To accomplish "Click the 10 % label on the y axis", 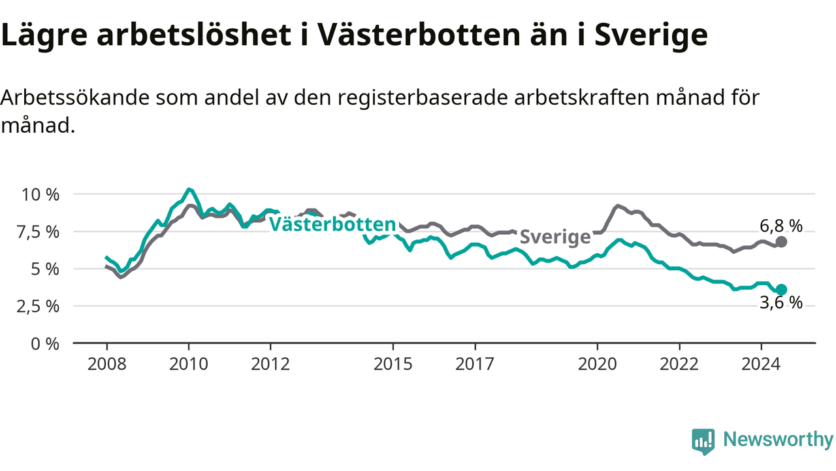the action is (40, 195).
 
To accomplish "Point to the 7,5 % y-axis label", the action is (38, 232).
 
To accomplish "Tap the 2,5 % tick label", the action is (38, 307).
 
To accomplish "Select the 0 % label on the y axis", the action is (45, 344).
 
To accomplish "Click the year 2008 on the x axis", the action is (106, 364).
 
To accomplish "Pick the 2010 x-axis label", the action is (189, 364).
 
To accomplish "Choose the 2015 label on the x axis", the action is (393, 364).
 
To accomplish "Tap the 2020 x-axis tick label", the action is (598, 364).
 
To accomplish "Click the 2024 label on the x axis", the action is (761, 364).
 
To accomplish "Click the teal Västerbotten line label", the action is (332, 224).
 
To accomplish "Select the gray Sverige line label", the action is (555, 237).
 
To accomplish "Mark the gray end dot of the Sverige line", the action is (781, 242).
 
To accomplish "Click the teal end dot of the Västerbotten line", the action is (781, 290).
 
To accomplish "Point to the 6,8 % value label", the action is (781, 226).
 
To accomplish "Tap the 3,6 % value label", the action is (781, 303).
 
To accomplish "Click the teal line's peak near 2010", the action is (189, 190).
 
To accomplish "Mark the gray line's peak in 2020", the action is (618, 206).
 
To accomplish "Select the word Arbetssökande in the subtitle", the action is (75, 97).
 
